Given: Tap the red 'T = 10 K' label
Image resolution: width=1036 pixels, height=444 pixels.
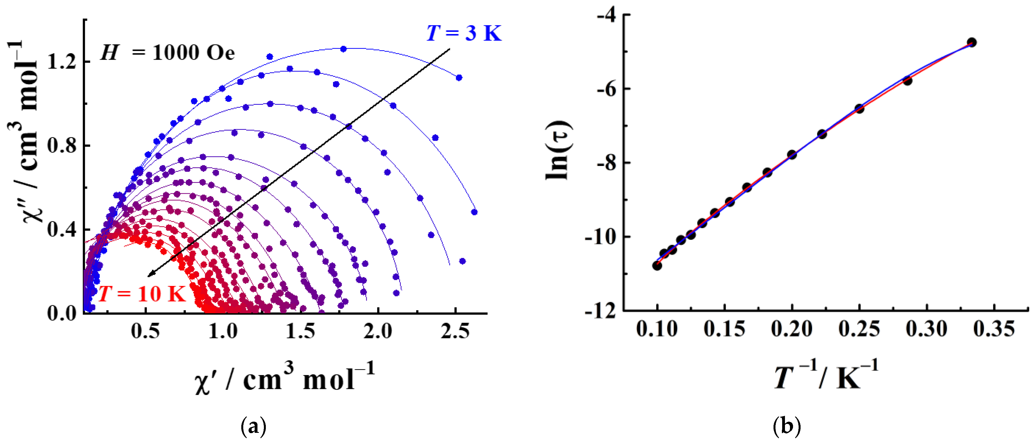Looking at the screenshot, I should point(142,293).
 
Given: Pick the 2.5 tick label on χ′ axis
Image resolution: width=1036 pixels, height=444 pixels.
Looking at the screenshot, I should point(455,331).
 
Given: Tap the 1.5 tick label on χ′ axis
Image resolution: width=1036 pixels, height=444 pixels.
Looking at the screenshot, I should point(300,331).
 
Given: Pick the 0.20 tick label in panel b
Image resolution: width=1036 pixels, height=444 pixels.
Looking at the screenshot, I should point(791,329).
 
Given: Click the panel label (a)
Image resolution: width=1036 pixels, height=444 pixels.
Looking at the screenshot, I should point(253,426).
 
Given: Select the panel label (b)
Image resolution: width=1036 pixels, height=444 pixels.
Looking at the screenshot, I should point(787,426).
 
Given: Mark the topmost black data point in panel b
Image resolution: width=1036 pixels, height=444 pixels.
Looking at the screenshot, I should point(972,42).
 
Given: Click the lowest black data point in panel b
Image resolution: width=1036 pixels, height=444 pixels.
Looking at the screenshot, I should point(657,265).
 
